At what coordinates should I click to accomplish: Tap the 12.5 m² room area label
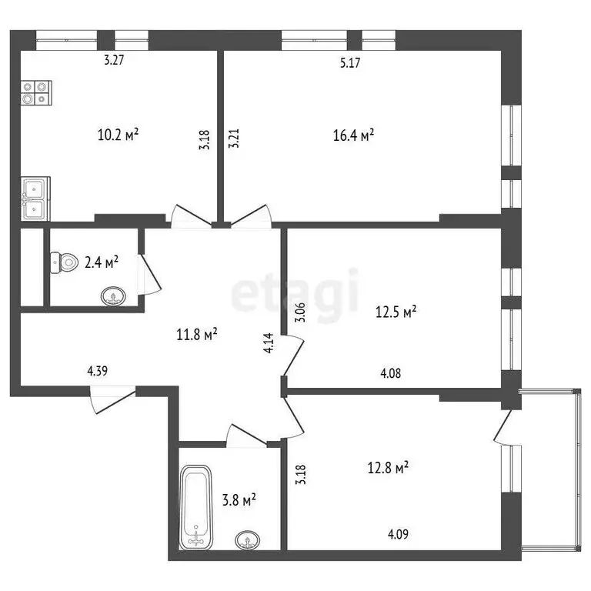point(396,312)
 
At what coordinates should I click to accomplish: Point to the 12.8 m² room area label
point(386,466)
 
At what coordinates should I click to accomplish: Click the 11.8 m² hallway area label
point(195,334)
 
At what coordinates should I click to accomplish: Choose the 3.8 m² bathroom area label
point(238,501)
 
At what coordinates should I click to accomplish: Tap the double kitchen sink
point(35,198)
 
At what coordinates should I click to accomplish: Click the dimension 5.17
point(352,64)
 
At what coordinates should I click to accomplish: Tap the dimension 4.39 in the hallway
point(97,371)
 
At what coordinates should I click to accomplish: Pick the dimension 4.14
point(268,342)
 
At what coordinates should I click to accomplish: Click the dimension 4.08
point(390,375)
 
